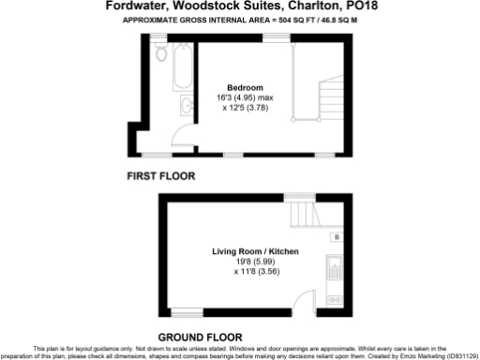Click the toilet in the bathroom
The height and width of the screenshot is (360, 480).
pyautogui.click(x=161, y=54)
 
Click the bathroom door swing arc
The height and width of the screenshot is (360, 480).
pyautogui.click(x=175, y=140)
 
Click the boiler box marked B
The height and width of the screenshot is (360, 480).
pyautogui.click(x=336, y=238)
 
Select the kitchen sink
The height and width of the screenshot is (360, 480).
pyautogui.click(x=335, y=275)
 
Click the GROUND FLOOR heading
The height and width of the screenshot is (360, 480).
pyautogui.click(x=200, y=337)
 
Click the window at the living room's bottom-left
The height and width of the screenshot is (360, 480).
pyautogui.click(x=187, y=311)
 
